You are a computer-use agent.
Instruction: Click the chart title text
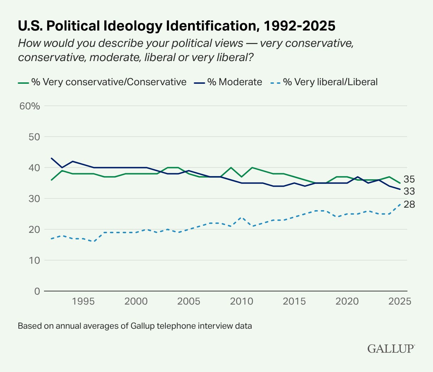pos(176,26)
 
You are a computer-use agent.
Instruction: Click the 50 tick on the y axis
pos(34,137)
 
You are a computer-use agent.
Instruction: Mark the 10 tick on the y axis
pos(34,260)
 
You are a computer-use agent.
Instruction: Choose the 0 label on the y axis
pos(37,291)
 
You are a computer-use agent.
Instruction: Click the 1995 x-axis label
pos(83,301)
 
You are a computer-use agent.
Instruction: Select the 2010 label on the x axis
pos(242,301)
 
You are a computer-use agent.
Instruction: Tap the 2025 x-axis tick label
pos(400,301)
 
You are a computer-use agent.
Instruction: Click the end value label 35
pos(409,179)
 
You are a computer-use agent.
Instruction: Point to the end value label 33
pos(409,191)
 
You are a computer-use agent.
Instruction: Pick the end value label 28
pos(409,204)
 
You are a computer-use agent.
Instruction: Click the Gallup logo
pos(391,348)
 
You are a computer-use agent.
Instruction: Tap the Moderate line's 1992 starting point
pos(52,158)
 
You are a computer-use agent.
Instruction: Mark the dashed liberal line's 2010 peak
pos(242,217)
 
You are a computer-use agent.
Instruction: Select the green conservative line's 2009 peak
pos(231,168)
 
